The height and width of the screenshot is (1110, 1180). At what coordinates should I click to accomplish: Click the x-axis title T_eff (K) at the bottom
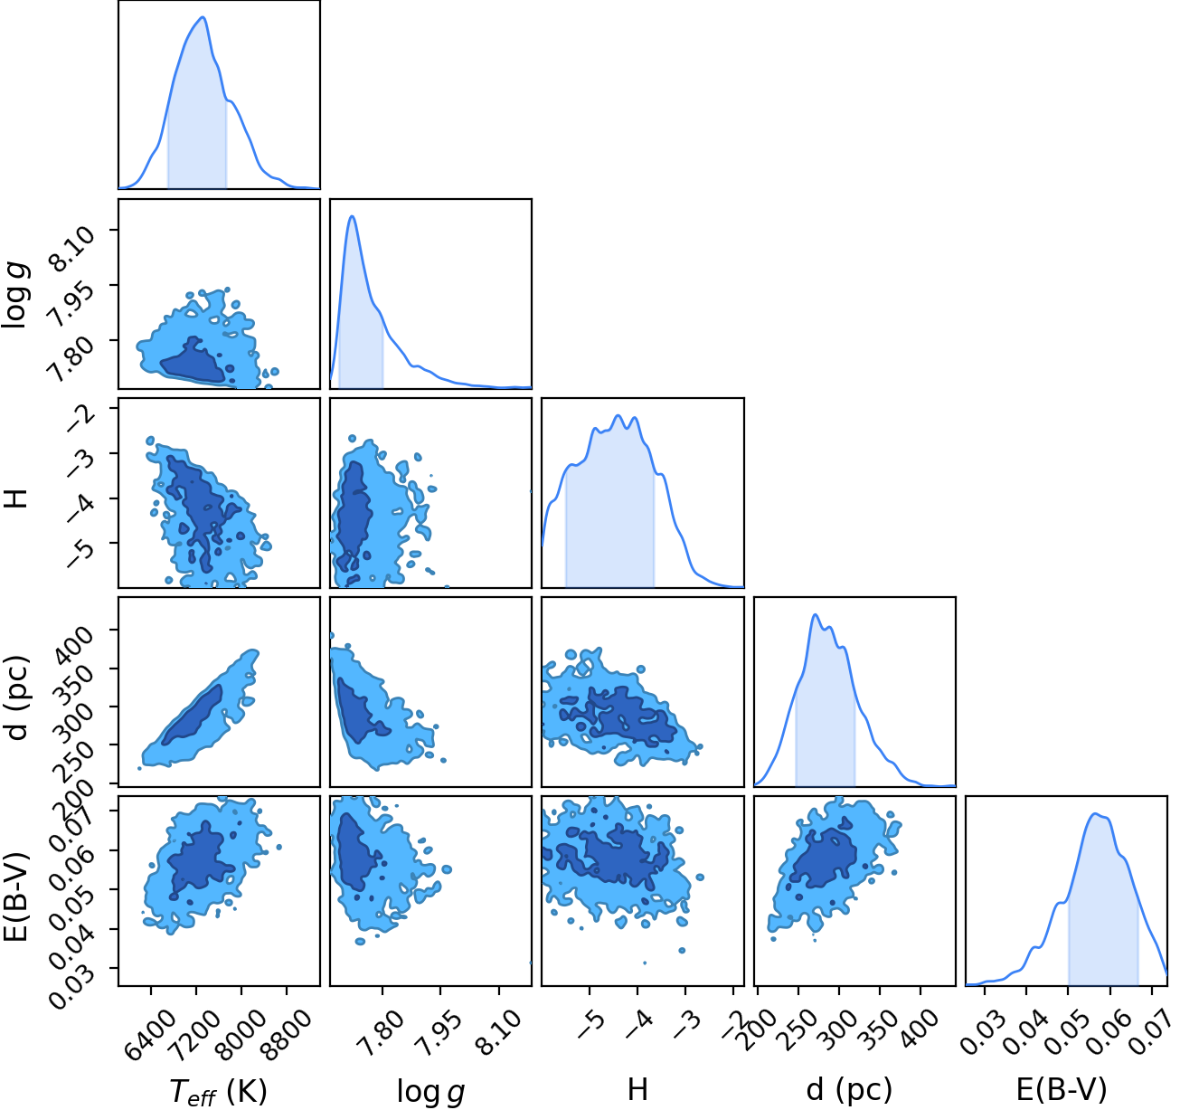pyautogui.click(x=218, y=1091)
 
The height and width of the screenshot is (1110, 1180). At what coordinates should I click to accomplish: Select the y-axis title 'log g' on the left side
pyautogui.click(x=15, y=295)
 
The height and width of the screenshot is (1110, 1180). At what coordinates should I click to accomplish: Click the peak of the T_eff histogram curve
pyautogui.click(x=203, y=16)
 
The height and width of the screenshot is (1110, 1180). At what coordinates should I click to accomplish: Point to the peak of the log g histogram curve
pyautogui.click(x=353, y=216)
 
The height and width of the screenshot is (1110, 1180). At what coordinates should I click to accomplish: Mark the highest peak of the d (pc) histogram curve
pyautogui.click(x=816, y=614)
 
